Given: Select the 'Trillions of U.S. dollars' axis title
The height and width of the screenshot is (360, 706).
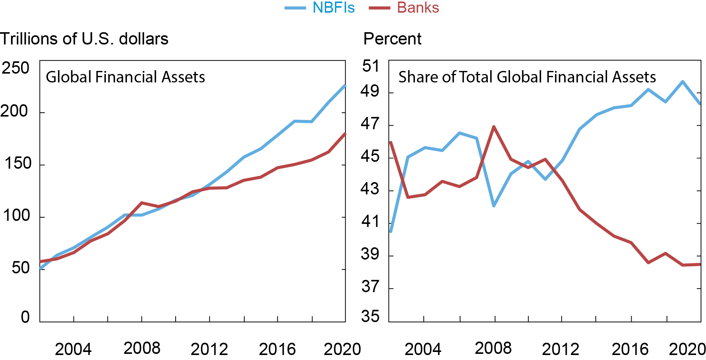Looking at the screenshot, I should click(84, 39).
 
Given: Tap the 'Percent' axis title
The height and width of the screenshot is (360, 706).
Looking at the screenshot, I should click(392, 39).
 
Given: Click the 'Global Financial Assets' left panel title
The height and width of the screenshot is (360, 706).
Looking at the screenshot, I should click(125, 77).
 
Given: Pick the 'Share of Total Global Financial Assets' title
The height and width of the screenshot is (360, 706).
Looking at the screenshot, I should click(527, 77).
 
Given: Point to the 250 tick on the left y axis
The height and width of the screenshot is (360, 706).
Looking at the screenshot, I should click(15, 68).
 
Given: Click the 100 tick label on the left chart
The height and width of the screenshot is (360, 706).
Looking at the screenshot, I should click(16, 215).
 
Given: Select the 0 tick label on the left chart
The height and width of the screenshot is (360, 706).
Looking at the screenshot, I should click(25, 317).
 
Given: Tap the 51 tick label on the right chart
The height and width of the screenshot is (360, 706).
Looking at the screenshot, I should click(370, 66).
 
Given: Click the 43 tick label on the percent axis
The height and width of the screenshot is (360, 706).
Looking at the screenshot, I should click(370, 189).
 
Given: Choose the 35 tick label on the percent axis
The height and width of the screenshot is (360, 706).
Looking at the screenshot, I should click(370, 317).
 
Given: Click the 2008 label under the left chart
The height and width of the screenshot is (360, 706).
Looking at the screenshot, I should click(142, 348).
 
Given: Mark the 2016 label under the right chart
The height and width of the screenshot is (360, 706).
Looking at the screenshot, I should click(630, 349).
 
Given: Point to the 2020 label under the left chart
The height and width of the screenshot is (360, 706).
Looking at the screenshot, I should click(342, 349).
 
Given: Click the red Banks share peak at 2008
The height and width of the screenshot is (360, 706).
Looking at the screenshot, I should click(494, 127).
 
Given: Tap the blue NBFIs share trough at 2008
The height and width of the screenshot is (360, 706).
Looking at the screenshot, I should click(494, 206).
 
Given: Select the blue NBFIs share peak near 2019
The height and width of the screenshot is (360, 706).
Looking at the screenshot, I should click(683, 82).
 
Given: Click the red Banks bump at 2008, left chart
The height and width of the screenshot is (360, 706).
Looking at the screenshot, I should click(142, 203).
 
